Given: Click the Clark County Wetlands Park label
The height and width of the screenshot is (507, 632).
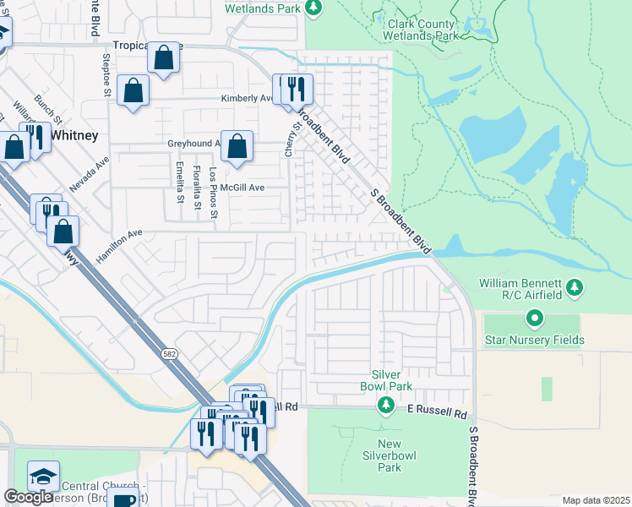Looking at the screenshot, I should point(422,31).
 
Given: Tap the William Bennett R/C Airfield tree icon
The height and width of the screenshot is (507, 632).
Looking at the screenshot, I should point(575,288).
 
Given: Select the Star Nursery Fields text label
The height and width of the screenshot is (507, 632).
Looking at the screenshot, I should point(534,341).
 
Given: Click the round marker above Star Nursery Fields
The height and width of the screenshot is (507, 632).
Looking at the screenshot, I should point(534,319).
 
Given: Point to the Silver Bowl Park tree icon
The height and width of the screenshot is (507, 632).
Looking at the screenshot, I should point(386,406).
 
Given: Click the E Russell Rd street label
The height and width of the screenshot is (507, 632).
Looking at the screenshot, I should point(437,415).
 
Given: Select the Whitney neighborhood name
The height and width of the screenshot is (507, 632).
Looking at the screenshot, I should point(74,135).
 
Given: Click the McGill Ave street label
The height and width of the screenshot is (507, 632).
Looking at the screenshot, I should point(242,188).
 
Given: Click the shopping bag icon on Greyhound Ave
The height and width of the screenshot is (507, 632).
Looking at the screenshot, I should point(237,145).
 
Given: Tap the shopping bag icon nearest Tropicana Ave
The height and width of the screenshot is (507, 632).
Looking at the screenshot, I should point(164,58).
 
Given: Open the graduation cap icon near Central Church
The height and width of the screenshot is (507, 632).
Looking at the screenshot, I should point(42,476).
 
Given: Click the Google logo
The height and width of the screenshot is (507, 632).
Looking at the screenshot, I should point(28,497).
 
